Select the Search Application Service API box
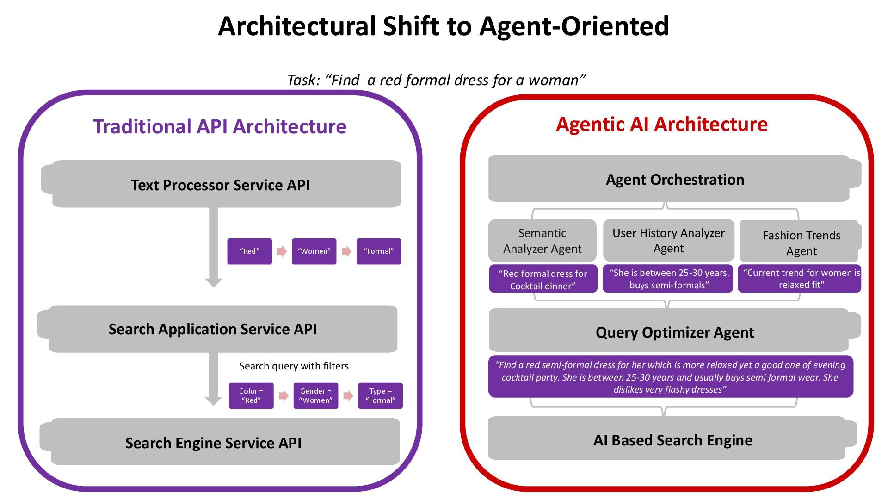(213, 329)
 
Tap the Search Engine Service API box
(214, 443)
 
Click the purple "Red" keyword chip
(249, 251)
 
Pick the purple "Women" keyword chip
(314, 251)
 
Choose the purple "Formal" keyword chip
(378, 251)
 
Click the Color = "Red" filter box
(251, 396)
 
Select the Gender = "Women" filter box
(316, 396)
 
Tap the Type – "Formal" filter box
(380, 396)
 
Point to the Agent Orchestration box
(674, 179)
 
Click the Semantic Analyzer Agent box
(542, 241)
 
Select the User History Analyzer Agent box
(668, 240)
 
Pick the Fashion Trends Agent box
(801, 243)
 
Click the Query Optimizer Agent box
(674, 332)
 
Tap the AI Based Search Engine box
(672, 440)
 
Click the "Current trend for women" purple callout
(800, 279)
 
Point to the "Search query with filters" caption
(294, 366)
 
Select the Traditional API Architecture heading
(220, 126)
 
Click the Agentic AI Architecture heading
(661, 124)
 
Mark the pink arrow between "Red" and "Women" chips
(282, 251)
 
